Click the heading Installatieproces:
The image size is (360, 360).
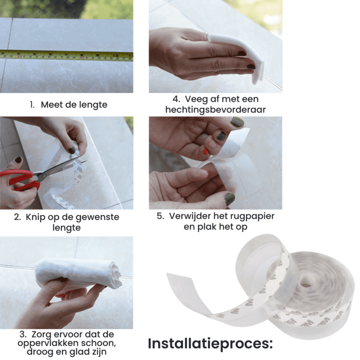pyautogui.click(x=210, y=344)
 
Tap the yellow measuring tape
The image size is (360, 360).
pyautogui.click(x=67, y=56)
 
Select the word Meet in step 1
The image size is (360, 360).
pyautogui.click(x=51, y=105)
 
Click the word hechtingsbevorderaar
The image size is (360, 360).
pyautogui.click(x=216, y=110)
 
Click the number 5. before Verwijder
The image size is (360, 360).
pyautogui.click(x=161, y=216)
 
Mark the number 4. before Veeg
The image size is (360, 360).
pyautogui.click(x=176, y=99)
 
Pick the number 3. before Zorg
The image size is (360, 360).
pyautogui.click(x=23, y=334)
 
